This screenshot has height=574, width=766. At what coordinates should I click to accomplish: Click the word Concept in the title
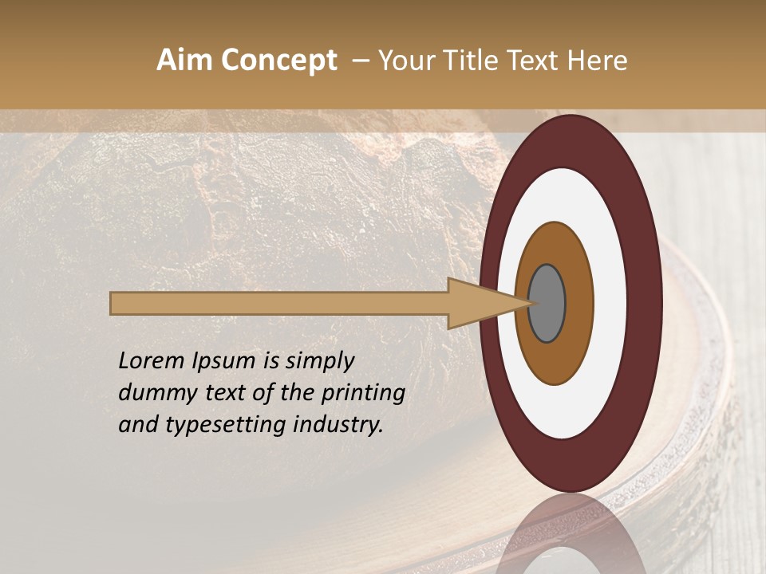[x=278, y=61]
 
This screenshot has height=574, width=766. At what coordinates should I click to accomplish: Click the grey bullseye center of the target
[x=547, y=303]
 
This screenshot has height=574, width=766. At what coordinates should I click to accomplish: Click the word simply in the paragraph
[x=319, y=361]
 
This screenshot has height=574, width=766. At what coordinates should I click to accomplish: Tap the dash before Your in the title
[x=361, y=61]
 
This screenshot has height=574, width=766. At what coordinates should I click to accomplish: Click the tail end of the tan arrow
[x=113, y=303]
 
